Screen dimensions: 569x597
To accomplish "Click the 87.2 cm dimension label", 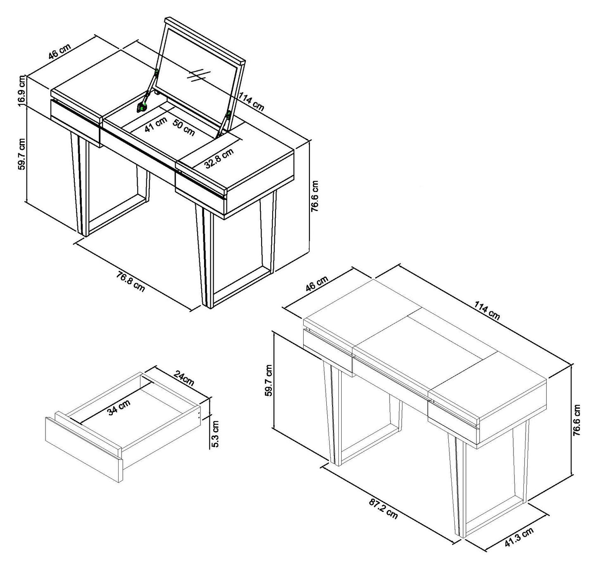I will coord(383,509).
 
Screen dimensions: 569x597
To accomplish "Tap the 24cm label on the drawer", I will coord(183,378).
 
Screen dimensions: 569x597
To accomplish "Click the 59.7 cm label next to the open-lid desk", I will coord(22,154).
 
